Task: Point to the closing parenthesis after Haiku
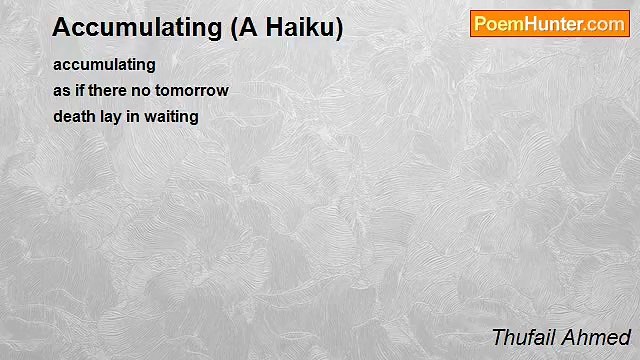coord(338,28)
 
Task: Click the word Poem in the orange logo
coord(498,24)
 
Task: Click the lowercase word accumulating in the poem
coord(104,65)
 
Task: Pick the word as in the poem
coord(61,90)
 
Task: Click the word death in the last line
coord(73,116)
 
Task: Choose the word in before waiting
coord(134,116)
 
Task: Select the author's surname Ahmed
coord(597,337)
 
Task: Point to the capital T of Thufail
coord(498,337)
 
